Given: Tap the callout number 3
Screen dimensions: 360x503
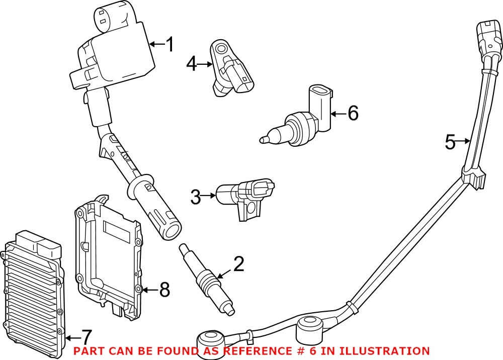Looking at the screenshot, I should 196,197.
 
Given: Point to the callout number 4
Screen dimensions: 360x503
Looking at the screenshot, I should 192,64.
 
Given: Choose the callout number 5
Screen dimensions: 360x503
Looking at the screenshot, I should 450,142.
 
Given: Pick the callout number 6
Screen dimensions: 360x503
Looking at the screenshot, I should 353,114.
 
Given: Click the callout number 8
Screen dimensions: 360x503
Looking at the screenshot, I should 164,290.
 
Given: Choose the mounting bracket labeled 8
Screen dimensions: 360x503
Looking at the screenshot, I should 108,256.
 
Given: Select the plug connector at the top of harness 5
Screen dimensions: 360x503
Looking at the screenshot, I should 489,40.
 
